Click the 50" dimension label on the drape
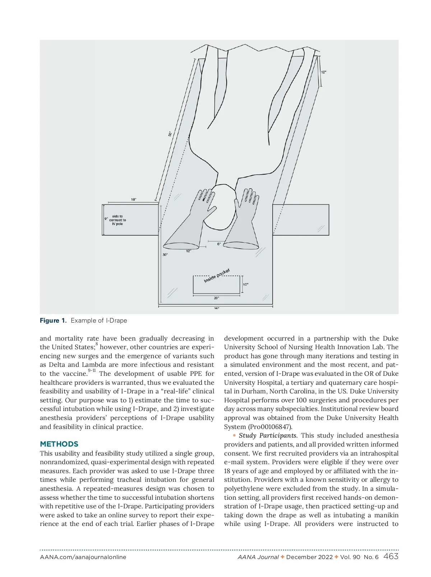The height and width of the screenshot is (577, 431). [x=170, y=134]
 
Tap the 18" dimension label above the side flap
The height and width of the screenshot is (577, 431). [x=134, y=199]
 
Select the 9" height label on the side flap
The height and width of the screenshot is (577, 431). [x=106, y=218]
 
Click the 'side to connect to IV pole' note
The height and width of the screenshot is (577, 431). [x=118, y=220]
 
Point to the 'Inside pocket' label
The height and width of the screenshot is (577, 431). [x=217, y=276]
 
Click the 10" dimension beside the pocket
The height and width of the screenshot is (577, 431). [x=246, y=285]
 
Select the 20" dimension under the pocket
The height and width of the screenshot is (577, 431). [x=216, y=298]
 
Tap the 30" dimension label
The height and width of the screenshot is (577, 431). [x=165, y=255]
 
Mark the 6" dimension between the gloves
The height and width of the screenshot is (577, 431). [x=219, y=244]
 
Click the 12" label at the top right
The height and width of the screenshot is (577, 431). [x=324, y=72]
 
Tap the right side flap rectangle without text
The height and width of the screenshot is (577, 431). [x=301, y=220]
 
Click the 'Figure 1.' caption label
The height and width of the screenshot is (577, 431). [x=53, y=320]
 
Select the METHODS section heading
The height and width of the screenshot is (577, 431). [x=59, y=444]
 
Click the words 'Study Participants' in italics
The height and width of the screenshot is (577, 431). [x=268, y=435]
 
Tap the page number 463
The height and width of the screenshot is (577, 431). [x=391, y=557]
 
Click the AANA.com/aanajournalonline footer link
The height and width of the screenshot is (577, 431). [x=83, y=557]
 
